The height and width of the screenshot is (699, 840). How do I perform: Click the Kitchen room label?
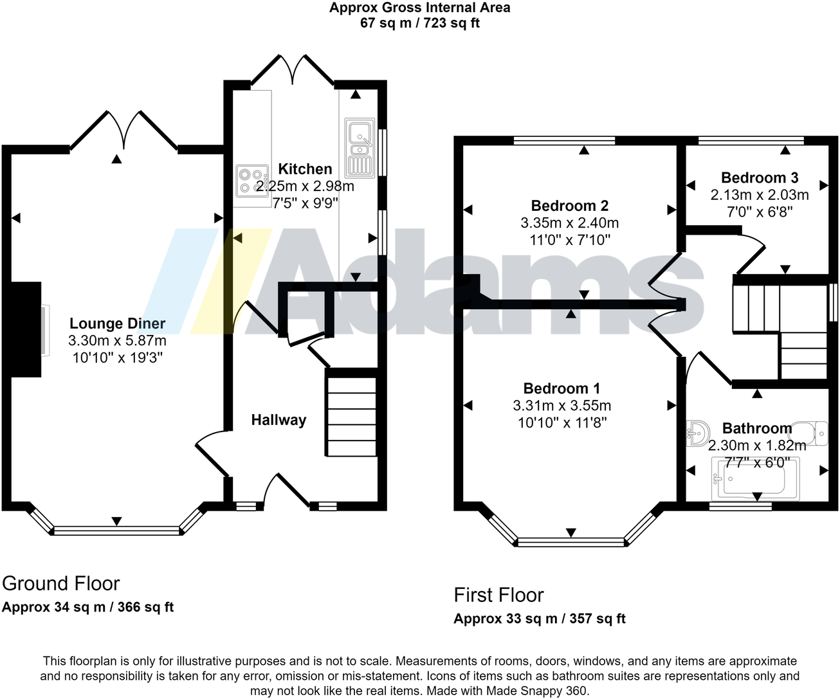[x=305, y=169]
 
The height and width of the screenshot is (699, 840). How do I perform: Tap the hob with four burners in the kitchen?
[x=251, y=181]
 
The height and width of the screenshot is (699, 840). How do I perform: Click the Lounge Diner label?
[x=117, y=323]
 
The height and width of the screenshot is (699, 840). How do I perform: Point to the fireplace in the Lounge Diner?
[x=27, y=329]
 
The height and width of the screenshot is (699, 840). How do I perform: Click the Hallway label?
[x=278, y=420]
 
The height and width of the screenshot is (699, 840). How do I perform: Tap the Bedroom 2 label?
[x=569, y=206]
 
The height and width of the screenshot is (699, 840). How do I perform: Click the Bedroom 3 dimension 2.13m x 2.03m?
[x=760, y=195]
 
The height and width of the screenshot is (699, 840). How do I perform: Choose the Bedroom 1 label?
[x=562, y=388]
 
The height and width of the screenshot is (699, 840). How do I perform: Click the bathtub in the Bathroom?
[x=754, y=477]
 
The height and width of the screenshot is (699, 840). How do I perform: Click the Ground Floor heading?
[x=61, y=583]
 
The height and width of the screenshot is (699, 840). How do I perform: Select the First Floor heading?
[x=498, y=595]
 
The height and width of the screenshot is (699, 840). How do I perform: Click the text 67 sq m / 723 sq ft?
[x=420, y=23]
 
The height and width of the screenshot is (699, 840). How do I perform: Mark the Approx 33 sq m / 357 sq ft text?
[x=539, y=619]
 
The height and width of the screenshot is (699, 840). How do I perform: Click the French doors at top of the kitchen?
[x=293, y=70]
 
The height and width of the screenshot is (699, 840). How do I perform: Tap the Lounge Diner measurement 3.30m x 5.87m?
[x=117, y=341]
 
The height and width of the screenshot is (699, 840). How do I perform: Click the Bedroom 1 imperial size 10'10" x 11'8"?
[x=562, y=422]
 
